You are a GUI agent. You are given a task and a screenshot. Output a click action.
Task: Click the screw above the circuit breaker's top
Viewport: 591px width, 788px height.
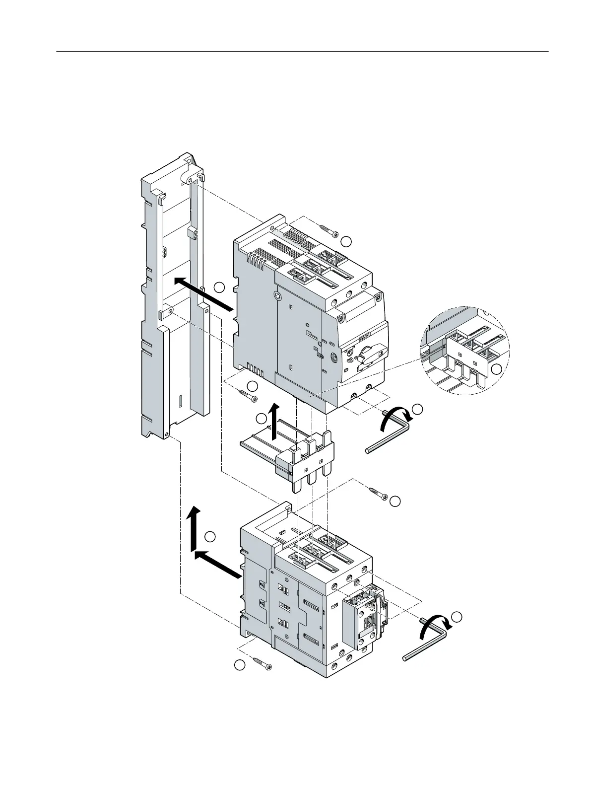[329, 230]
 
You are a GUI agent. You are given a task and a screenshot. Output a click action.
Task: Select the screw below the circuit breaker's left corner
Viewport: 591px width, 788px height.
[248, 395]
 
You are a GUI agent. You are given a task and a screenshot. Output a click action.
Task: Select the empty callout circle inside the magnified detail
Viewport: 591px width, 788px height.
[497, 369]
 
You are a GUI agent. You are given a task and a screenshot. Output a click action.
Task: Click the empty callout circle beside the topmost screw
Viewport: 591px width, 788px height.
[347, 241]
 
